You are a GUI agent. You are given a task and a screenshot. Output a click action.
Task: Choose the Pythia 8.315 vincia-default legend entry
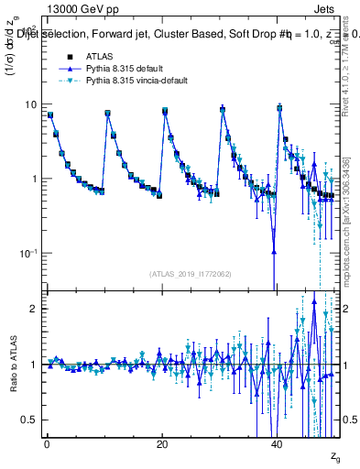[127, 82]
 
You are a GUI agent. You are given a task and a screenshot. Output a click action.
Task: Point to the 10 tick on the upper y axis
[31, 104]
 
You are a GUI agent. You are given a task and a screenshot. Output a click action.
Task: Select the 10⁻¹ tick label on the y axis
[29, 253]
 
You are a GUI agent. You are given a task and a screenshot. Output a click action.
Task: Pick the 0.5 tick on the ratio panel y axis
[29, 420]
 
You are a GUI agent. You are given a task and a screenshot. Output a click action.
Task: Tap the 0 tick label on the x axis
[47, 444]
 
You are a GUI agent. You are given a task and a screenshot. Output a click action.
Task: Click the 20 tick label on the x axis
[162, 444]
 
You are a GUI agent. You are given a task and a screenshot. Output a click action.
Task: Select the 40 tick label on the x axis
[278, 444]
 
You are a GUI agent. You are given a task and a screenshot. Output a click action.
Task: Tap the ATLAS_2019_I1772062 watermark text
[192, 273]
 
